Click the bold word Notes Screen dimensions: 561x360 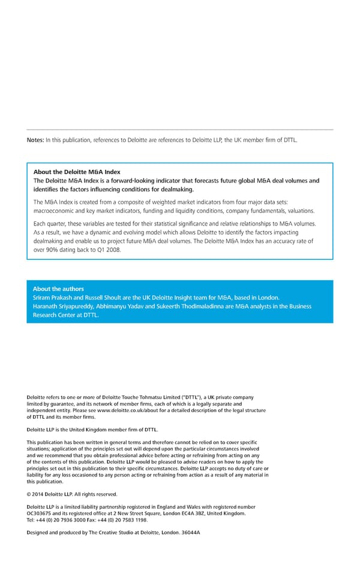point(35,140)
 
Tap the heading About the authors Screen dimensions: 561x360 point(58,289)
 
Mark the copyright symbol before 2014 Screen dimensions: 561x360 point(29,494)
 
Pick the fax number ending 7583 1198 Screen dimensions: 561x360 point(125,520)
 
